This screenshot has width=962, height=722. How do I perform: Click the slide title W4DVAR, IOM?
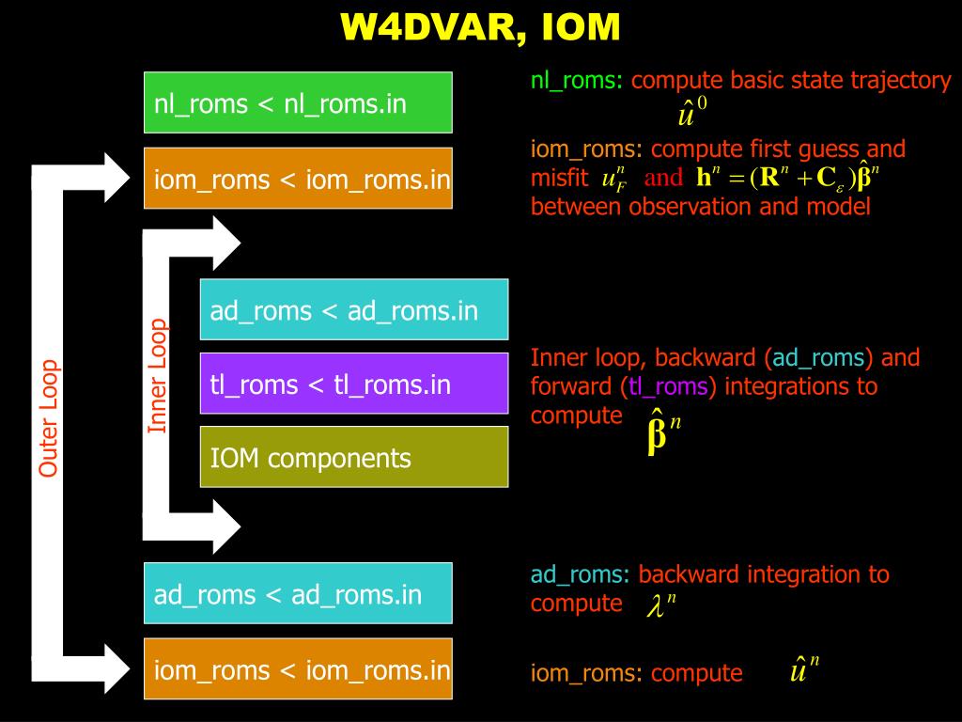pos(480,27)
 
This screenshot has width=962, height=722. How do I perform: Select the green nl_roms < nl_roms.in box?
pos(298,102)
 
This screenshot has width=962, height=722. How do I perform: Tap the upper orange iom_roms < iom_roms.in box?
pos(298,178)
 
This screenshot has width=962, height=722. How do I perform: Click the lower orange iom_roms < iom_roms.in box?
pos(298,669)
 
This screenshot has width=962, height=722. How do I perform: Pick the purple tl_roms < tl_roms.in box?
pos(354,384)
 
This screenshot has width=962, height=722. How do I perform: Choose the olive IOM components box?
pos(354,457)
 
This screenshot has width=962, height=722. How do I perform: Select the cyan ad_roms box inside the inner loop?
pos(354,309)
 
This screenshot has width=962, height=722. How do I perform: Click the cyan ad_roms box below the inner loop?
pos(298,593)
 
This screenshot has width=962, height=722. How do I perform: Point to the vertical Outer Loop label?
pos(49,417)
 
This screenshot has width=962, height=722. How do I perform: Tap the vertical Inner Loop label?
pos(158,376)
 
